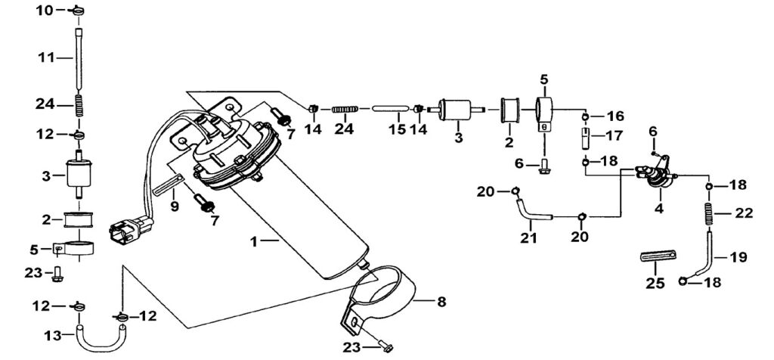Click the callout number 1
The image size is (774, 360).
point(254,242)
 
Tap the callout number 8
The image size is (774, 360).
point(441,301)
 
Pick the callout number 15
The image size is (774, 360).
point(397,129)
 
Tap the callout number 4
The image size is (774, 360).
point(658,209)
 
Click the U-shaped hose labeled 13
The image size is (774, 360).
point(101,340)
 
